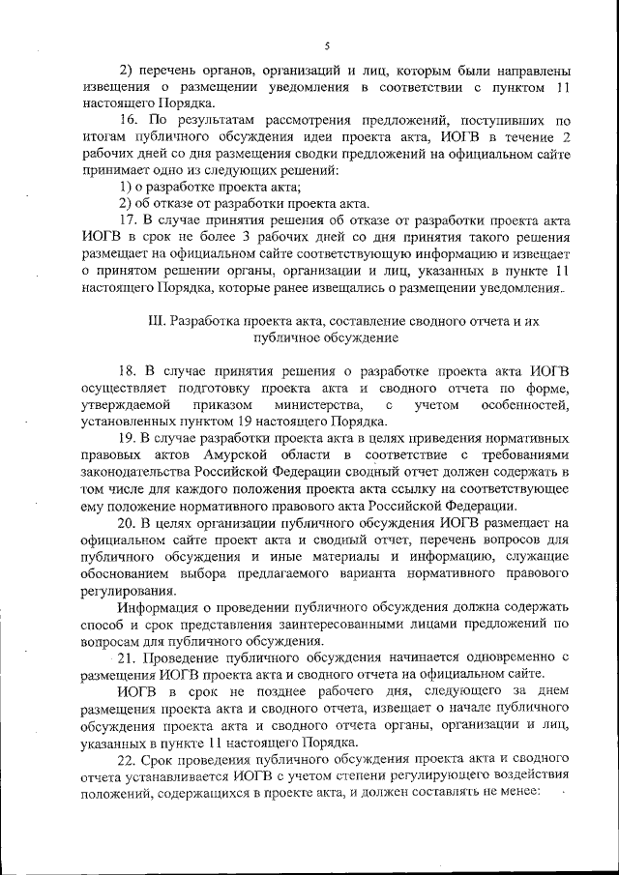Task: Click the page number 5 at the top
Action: (x=327, y=45)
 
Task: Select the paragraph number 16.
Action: (x=128, y=120)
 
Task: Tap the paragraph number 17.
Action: (x=128, y=219)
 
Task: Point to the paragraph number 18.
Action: (x=128, y=370)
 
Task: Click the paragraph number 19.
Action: (x=128, y=438)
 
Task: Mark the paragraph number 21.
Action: (x=128, y=657)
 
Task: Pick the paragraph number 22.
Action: (x=128, y=759)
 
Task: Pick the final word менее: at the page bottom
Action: (x=520, y=793)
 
